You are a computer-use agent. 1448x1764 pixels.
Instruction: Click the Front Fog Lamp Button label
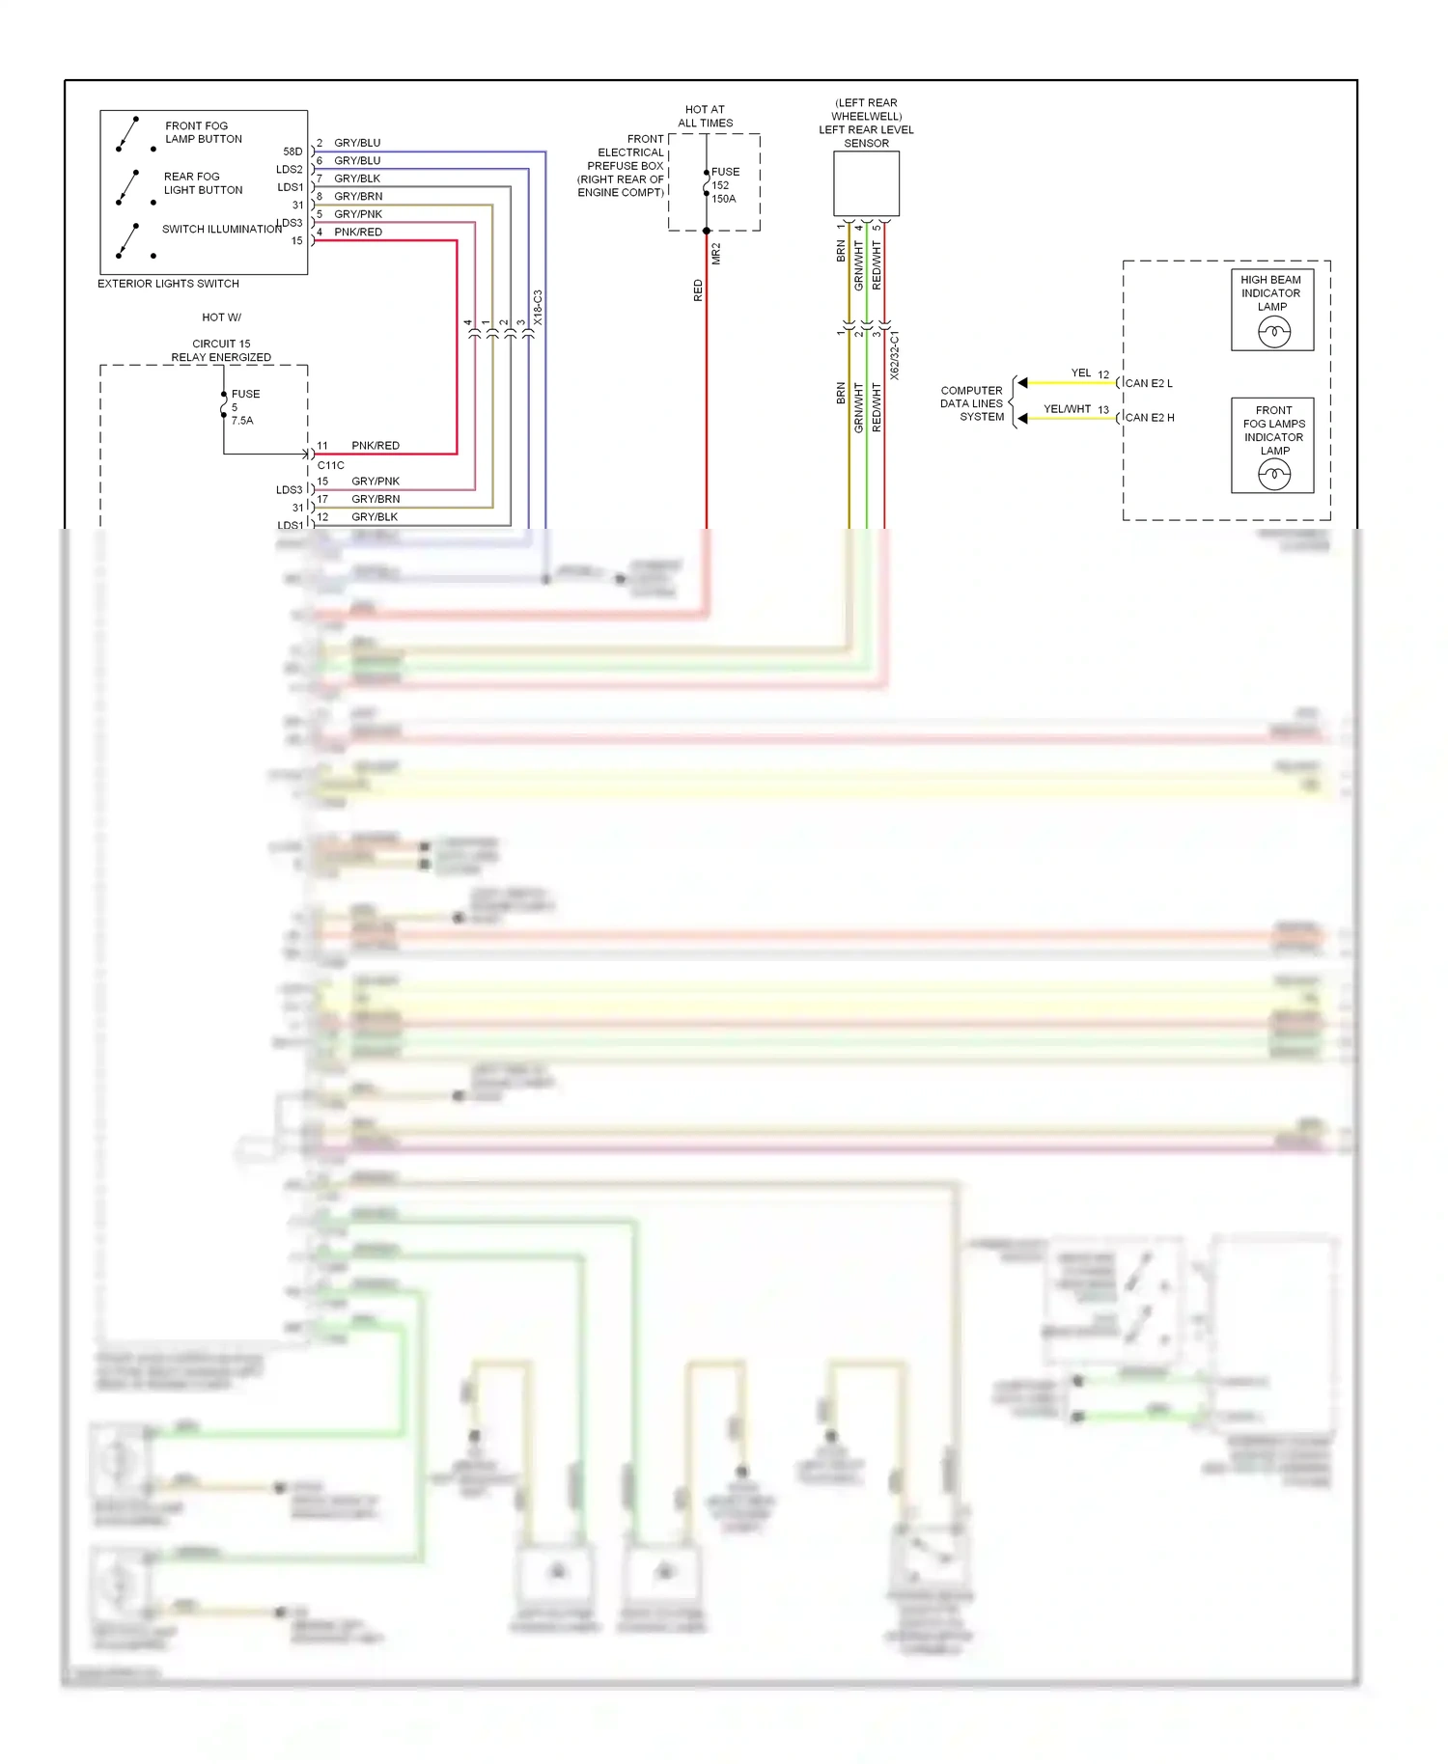(203, 132)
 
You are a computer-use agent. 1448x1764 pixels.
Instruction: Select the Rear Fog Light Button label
(203, 183)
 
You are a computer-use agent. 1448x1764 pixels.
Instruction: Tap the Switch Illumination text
(221, 229)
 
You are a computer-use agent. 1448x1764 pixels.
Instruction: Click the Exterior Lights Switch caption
(168, 284)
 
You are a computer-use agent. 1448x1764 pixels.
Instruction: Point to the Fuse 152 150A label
(725, 185)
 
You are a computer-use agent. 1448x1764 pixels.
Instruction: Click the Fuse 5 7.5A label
(244, 407)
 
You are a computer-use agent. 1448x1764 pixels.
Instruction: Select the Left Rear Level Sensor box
(866, 183)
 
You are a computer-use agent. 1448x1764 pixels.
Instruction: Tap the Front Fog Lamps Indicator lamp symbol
(1274, 475)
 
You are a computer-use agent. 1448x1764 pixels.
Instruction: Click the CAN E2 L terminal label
(1149, 383)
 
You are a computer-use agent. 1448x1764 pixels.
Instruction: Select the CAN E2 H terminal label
(1150, 418)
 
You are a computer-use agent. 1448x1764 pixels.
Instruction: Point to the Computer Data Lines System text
(972, 403)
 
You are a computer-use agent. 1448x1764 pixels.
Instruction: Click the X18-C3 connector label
(538, 307)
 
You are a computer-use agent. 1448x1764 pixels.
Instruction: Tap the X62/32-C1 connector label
(894, 355)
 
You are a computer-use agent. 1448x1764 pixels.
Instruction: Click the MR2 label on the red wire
(716, 254)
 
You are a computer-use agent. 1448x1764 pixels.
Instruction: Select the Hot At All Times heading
(705, 116)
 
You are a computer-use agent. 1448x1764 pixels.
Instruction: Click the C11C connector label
(330, 465)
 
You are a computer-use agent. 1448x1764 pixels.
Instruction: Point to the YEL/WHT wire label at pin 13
(1067, 409)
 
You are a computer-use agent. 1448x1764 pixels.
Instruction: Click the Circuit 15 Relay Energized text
(221, 350)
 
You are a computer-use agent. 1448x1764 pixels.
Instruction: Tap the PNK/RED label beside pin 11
(376, 446)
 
